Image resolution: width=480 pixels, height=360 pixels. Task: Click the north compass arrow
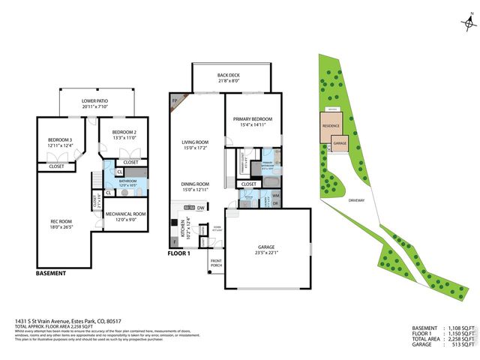[x=469, y=25]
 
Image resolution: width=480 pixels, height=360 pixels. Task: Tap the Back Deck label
[x=228, y=76]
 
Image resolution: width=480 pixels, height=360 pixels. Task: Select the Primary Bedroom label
[x=252, y=118]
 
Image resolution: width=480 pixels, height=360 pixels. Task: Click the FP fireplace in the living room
[x=175, y=100]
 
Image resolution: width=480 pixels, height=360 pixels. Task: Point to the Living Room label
[x=195, y=142]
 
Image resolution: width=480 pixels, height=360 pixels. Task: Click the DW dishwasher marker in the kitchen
[x=201, y=207]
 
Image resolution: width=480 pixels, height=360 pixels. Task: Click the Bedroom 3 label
[x=60, y=140]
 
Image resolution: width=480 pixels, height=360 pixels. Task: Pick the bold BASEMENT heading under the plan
[x=51, y=273]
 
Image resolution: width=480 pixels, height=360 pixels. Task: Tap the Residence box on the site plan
[x=331, y=127]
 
